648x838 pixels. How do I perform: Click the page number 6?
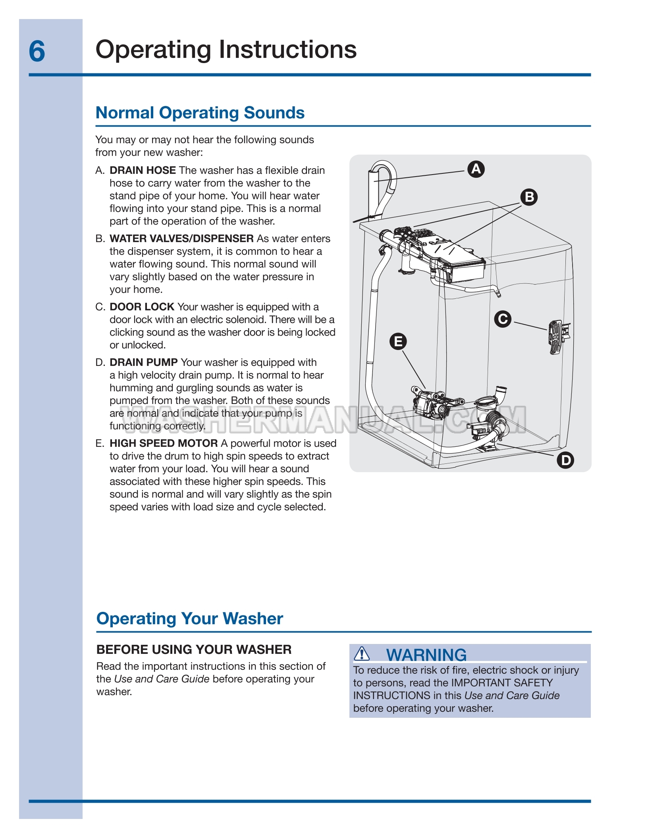(x=37, y=52)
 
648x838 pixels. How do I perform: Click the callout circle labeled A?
(x=476, y=169)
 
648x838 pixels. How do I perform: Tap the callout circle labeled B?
(x=529, y=197)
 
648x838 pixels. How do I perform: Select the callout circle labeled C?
(x=503, y=319)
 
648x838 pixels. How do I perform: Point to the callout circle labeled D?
(x=565, y=460)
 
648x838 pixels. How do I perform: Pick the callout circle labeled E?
(x=398, y=341)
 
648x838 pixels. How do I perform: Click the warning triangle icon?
(x=362, y=653)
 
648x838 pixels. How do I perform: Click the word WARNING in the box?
(x=426, y=655)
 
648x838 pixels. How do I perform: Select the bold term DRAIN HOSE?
(x=143, y=170)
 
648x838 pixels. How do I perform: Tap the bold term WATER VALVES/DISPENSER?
(x=181, y=238)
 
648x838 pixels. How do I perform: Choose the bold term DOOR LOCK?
(x=142, y=307)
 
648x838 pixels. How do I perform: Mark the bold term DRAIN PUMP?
(x=143, y=362)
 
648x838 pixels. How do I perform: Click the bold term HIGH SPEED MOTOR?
(x=164, y=443)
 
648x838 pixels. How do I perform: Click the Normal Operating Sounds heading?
(x=200, y=113)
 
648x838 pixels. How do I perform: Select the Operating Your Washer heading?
(x=190, y=619)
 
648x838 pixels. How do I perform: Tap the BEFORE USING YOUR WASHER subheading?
(x=194, y=650)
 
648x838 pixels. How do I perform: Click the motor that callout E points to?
(x=431, y=403)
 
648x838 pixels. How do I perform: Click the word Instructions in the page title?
(x=288, y=50)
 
